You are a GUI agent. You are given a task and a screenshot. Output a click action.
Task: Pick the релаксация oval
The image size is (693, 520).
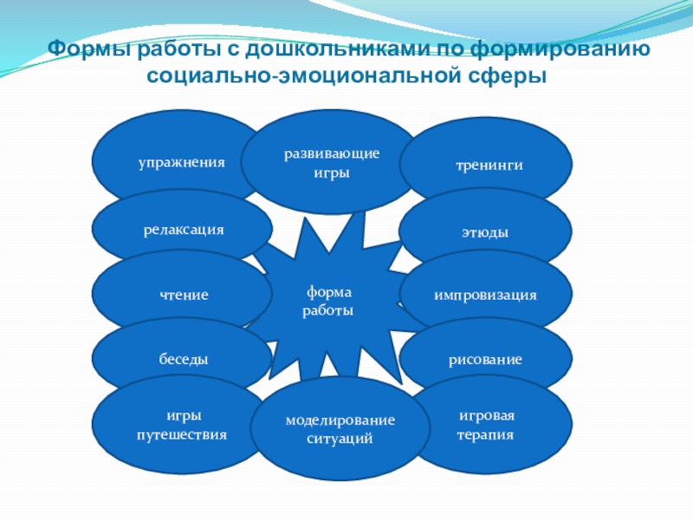[183, 230]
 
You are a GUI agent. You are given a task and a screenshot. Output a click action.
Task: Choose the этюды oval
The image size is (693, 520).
[484, 233]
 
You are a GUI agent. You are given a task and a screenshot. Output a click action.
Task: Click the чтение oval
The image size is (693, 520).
[183, 295]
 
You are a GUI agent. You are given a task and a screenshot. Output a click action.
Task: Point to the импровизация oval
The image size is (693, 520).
[485, 295]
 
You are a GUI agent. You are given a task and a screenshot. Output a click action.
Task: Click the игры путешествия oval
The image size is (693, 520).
[182, 426]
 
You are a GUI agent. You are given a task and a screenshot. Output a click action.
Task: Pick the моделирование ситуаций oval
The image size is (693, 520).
[340, 429]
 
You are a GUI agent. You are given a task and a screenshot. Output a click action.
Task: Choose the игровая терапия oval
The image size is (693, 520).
[486, 426]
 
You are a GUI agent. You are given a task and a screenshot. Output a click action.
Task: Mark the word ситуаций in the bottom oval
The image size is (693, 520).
[340, 439]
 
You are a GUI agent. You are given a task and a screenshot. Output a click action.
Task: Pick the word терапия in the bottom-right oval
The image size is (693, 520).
[486, 435]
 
